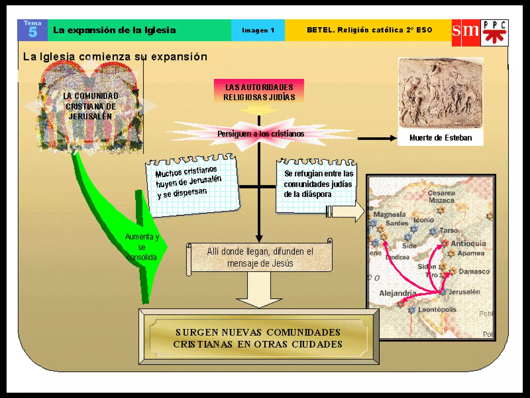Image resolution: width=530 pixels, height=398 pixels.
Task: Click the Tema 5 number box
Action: [32, 30]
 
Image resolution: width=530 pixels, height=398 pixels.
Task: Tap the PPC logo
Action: [495, 33]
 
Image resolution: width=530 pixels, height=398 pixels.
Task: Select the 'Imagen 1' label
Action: [258, 30]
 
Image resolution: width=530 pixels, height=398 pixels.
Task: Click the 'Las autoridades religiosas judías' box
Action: [259, 92]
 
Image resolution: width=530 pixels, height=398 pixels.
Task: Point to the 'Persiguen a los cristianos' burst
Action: [261, 134]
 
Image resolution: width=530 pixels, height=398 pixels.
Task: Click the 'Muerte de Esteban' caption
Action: [440, 138]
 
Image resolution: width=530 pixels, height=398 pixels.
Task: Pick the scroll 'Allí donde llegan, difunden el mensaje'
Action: [260, 257]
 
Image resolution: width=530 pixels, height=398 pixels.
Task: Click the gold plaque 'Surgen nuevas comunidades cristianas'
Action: [258, 338]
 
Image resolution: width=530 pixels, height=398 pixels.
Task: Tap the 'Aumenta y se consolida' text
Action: [142, 247]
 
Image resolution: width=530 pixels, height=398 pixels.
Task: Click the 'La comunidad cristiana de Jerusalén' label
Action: [91, 106]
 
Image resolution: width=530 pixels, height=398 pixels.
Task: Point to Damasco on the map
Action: [474, 272]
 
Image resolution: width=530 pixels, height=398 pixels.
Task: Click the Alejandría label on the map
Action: [397, 293]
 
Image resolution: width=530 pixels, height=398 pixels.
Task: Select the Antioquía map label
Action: [468, 244]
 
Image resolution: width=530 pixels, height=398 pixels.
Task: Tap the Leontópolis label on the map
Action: [437, 310]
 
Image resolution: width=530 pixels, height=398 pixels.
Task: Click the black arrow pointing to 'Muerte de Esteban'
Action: [377, 138]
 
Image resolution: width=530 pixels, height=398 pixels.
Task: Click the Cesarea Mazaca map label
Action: [441, 197]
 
